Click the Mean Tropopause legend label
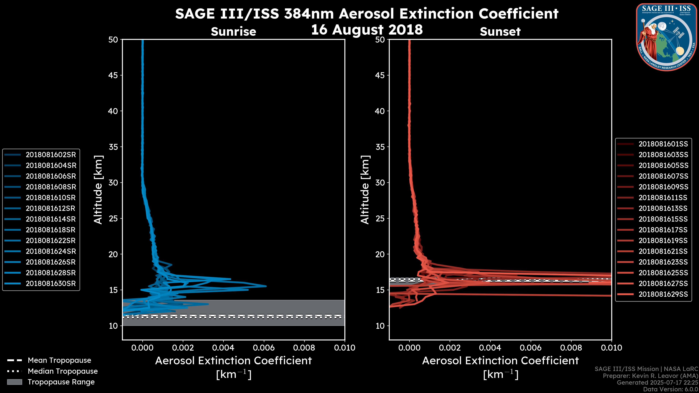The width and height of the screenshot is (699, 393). [x=59, y=360]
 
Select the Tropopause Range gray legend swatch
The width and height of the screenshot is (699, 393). [x=14, y=382]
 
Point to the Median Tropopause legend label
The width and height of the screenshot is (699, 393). [x=63, y=371]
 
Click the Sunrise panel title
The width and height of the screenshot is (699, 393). [x=233, y=31]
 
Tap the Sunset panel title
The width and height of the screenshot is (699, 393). [x=500, y=31]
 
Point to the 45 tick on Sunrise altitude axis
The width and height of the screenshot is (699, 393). [x=113, y=75]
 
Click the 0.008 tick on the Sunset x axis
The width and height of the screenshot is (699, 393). [x=571, y=348]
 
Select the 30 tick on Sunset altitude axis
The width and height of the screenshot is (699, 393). [x=380, y=182]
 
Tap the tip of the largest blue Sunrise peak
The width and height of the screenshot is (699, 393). [x=266, y=286]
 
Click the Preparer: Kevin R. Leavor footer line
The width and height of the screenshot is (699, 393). [x=650, y=376]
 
